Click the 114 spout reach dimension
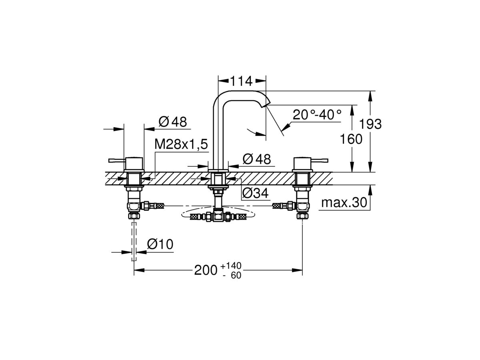242,81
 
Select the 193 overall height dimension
370,124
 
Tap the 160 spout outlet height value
351,139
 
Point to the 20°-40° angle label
317,114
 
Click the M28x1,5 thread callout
181,144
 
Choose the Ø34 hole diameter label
255,193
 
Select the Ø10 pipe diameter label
160,244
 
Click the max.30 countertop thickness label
344,203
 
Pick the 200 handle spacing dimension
206,271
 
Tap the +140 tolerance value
231,266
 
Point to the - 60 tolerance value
232,276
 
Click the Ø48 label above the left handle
173,122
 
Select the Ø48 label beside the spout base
257,159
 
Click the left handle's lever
117,161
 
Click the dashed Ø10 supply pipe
134,242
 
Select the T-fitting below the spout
218,217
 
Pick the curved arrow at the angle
256,132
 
